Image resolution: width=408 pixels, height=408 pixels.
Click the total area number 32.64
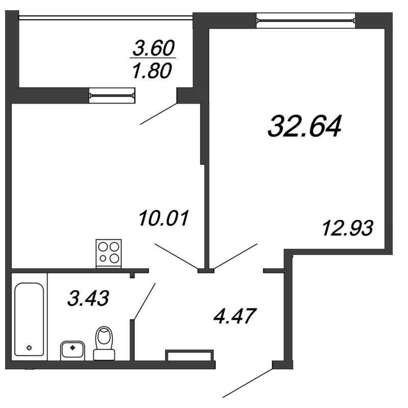click(x=303, y=126)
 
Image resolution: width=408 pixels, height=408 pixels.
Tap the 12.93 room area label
click(x=348, y=227)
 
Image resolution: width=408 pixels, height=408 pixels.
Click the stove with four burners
click(x=109, y=252)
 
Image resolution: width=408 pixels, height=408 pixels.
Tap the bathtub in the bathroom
click(x=29, y=319)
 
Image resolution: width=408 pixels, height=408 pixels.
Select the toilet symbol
click(x=105, y=343)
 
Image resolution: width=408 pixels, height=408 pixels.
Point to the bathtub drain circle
click(x=29, y=348)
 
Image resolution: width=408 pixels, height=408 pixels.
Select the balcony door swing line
click(x=159, y=114)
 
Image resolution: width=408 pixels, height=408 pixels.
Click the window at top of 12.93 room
click(x=306, y=21)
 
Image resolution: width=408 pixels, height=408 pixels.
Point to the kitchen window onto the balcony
click(x=112, y=94)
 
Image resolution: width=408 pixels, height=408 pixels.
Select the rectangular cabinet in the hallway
click(x=189, y=355)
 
